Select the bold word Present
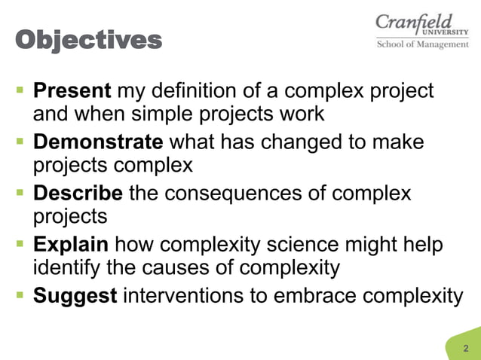(x=72, y=92)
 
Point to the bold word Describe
(x=78, y=194)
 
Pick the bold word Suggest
(x=75, y=295)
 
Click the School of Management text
(x=422, y=44)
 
